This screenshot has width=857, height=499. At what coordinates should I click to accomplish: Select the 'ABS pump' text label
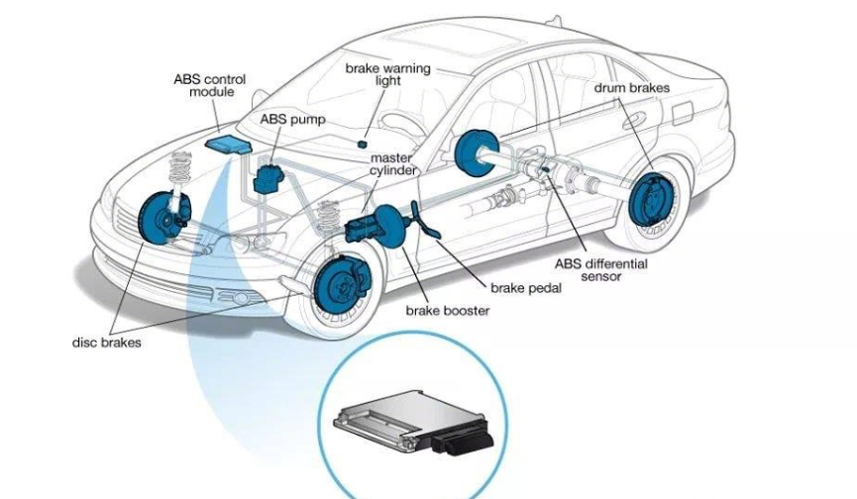[292, 120]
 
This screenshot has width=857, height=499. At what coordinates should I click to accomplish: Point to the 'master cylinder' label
[392, 164]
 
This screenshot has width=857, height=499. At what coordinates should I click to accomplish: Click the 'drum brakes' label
[632, 88]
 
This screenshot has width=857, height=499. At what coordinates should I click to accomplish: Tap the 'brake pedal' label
[526, 288]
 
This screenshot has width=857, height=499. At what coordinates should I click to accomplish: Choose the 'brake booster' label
[448, 311]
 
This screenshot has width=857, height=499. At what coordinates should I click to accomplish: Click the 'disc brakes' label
[107, 344]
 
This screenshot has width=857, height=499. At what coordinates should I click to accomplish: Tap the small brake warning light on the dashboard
[365, 145]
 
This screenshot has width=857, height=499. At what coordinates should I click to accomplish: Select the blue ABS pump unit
[268, 178]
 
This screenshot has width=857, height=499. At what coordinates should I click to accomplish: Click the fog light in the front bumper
[235, 297]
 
